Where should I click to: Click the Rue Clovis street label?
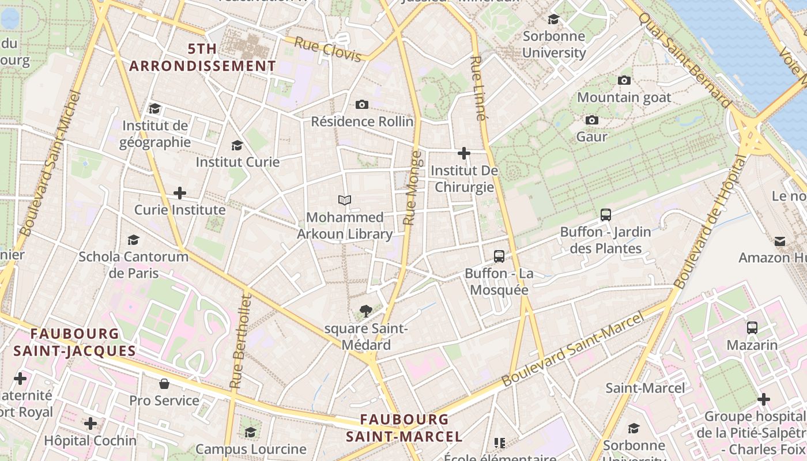327,50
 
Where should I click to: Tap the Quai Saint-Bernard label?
685,59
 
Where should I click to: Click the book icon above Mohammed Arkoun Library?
345,200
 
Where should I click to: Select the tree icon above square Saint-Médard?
365,312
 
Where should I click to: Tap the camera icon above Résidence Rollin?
362,104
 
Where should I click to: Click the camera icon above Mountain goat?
624,80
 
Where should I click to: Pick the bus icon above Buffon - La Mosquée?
499,256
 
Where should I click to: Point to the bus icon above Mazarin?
752,328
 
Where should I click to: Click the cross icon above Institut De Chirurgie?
464,153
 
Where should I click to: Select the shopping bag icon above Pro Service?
164,383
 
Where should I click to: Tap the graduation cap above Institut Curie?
237,145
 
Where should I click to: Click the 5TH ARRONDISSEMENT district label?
202,58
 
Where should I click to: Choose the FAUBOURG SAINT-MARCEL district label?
404,428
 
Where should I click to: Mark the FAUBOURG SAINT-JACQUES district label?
75,342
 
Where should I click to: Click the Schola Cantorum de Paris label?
134,264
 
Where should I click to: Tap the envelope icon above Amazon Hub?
780,241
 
